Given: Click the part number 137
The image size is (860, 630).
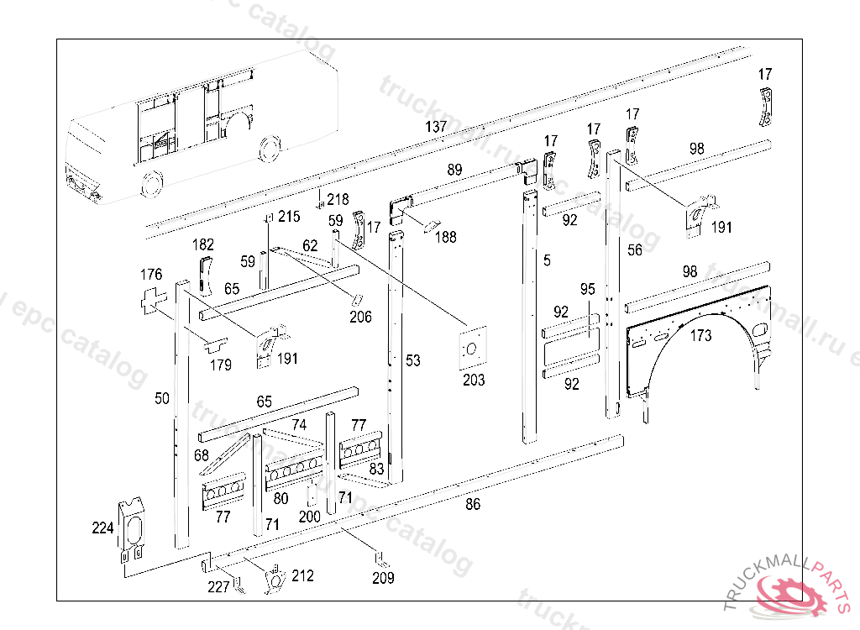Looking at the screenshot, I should coord(436,127).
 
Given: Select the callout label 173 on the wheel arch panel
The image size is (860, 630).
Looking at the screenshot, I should coord(700,336).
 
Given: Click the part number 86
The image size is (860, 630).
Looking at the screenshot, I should coord(474,504).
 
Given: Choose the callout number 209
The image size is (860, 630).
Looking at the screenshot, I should coord(383,578).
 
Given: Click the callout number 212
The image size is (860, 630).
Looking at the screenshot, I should coord(302,575).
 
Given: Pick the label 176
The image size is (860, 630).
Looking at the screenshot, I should coord(151,275).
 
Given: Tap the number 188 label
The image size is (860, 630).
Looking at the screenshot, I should coord(445,237).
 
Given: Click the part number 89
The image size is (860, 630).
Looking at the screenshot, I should coord(454,170).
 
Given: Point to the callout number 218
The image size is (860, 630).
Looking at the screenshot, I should coord(338,199).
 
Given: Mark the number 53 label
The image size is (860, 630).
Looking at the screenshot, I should coord(412,360).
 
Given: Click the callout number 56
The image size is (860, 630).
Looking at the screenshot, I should coord(635,249).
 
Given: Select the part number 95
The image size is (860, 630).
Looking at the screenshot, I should coord(587,289).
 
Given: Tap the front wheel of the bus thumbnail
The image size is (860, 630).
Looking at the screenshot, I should coord(152,185).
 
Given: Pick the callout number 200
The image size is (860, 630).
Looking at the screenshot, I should coord(310,516).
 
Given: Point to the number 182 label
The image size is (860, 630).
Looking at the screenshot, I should coord(203,244).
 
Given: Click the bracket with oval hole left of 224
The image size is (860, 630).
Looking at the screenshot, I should coord(133,529).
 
